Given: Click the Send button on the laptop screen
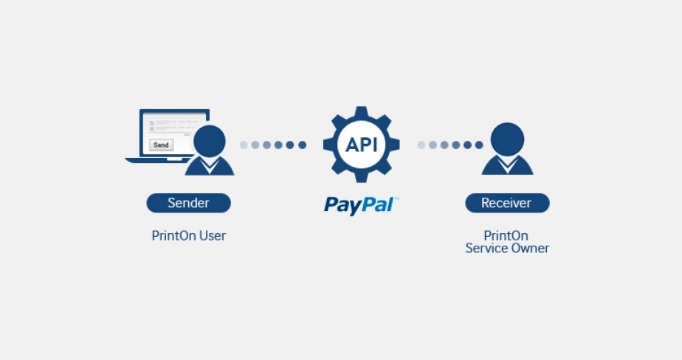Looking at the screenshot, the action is click(161, 145).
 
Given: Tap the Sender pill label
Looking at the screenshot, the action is click(188, 203).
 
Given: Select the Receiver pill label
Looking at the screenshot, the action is click(507, 203).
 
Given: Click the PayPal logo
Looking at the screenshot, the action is click(361, 205).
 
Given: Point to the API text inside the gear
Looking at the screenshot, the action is click(361, 145).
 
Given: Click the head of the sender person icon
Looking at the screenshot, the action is click(209, 142).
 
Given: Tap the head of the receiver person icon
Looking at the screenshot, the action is click(507, 139).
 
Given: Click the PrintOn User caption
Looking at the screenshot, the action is click(189, 235).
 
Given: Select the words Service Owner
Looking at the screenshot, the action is click(507, 249).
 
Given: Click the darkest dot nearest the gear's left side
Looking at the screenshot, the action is click(302, 145).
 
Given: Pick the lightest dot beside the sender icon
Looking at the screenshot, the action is click(244, 145).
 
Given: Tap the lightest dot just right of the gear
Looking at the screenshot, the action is click(421, 145).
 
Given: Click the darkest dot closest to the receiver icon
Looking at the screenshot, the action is click(479, 145).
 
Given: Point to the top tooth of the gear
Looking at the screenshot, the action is click(361, 111).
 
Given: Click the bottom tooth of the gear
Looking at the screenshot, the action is click(361, 177).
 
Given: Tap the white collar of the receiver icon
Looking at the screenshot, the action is click(507, 164).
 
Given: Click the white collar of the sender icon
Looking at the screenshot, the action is click(209, 165).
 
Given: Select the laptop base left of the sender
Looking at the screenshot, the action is click(156, 160).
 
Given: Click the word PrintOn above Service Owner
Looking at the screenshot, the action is click(506, 235).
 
